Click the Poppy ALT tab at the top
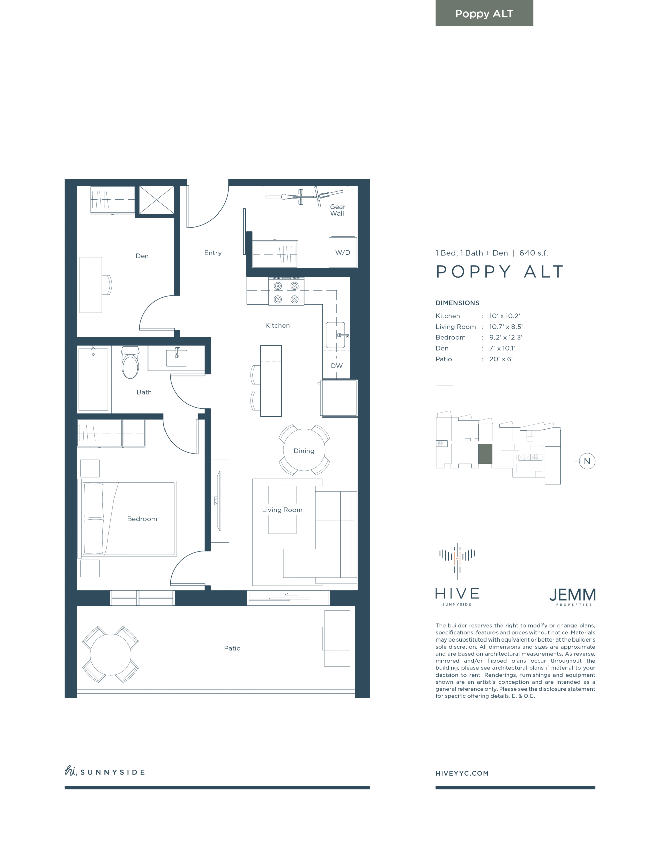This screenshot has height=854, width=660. (x=484, y=13)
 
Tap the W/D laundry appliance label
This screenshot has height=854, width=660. (x=342, y=252)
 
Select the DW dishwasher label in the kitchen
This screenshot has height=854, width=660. (x=336, y=366)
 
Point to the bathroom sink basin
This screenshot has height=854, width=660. (x=177, y=357)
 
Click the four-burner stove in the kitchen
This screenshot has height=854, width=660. (x=286, y=291)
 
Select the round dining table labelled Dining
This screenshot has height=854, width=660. (x=304, y=450)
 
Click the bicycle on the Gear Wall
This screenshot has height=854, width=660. (x=304, y=197)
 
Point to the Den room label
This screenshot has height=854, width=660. (x=142, y=256)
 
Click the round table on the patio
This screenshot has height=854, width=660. (x=111, y=655)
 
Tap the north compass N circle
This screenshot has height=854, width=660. (x=587, y=461)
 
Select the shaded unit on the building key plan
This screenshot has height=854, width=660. (x=485, y=454)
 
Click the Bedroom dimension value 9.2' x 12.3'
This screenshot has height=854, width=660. (x=506, y=337)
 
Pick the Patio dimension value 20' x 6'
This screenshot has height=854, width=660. (x=501, y=359)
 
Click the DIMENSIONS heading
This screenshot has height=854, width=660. (x=457, y=303)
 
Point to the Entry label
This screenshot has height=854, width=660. (x=213, y=253)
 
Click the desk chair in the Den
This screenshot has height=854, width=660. (x=107, y=285)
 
